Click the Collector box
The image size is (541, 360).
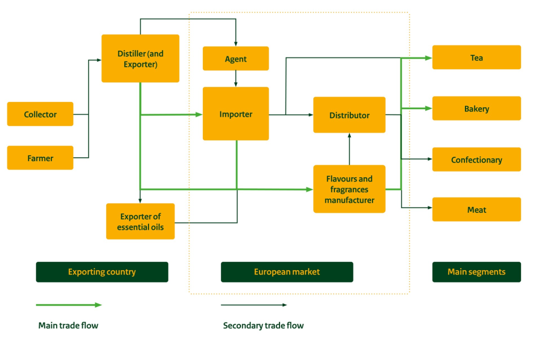point(40,114)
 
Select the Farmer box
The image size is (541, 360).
point(40,158)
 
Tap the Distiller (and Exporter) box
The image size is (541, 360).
point(140,59)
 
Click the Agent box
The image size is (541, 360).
point(236,59)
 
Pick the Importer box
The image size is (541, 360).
point(236,114)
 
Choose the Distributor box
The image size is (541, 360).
point(349,115)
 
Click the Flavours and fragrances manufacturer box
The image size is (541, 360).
point(349,189)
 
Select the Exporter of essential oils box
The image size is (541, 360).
point(140,222)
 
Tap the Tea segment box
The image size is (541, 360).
point(476,58)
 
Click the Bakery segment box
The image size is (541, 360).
point(476,109)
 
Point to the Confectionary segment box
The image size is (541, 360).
point(476,160)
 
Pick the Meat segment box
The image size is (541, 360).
point(476,210)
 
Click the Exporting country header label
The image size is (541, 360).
point(102,272)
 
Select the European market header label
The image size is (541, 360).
point(287,272)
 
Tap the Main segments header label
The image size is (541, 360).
point(476,272)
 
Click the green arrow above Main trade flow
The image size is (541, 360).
point(69,305)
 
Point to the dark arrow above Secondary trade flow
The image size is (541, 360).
point(254,305)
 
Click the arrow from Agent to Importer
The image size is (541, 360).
point(236,79)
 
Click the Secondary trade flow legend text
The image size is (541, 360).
point(263,326)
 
